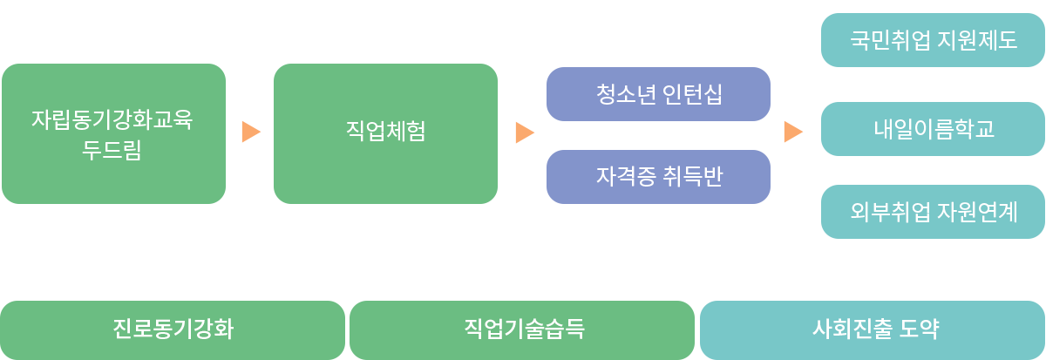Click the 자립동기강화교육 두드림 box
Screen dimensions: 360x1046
tap(112, 133)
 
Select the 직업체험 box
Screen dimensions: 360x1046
tap(385, 133)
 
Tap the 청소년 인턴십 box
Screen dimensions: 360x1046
tap(658, 94)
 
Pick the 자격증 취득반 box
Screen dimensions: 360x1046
tap(658, 177)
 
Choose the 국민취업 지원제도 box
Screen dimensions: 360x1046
tap(933, 40)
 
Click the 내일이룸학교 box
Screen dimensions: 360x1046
tap(933, 129)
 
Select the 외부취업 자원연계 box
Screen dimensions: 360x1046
tap(933, 212)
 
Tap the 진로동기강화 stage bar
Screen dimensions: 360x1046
tap(173, 329)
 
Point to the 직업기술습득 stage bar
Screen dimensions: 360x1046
tap(522, 329)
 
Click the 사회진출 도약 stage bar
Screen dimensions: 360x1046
tap(873, 329)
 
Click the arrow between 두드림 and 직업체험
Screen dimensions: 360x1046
tap(251, 132)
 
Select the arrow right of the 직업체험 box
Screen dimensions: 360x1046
tap(524, 132)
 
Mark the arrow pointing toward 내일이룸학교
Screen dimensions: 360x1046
tap(792, 132)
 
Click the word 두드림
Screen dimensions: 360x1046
tap(112, 150)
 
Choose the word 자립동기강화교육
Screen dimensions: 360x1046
tap(112, 118)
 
